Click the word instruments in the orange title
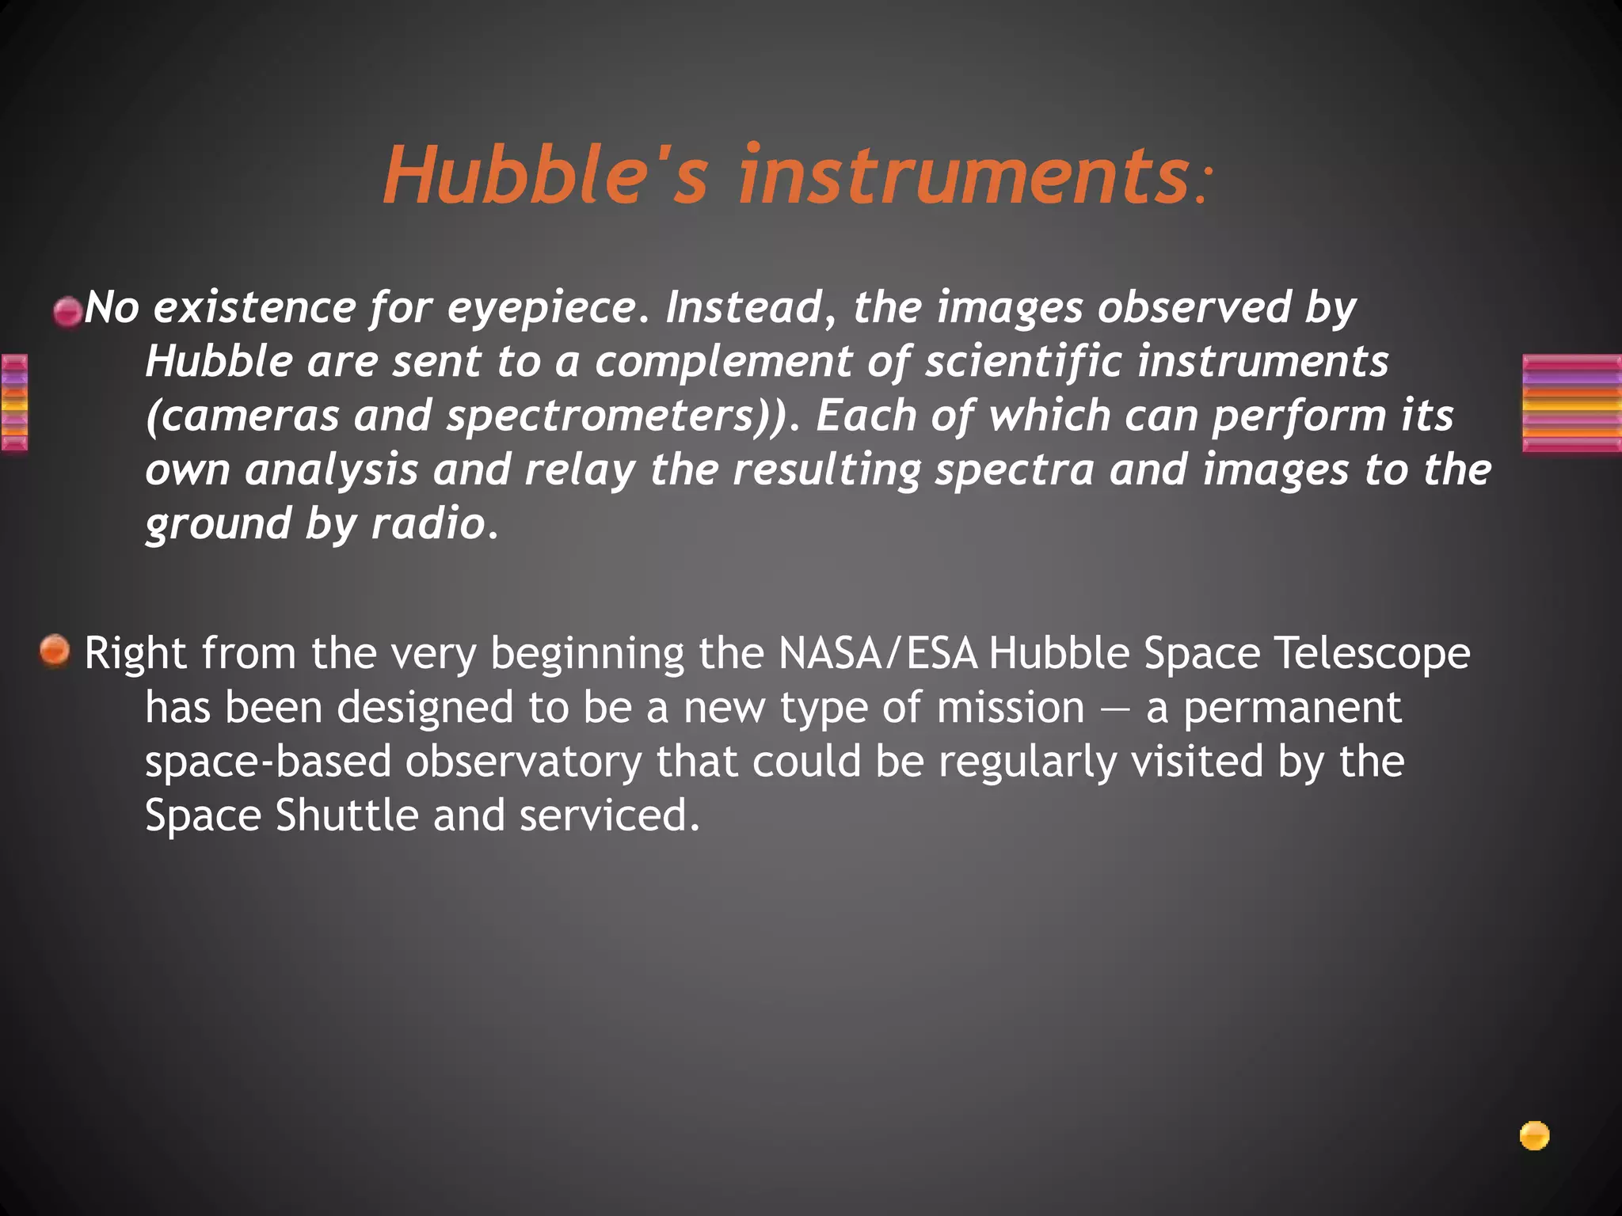coord(962,176)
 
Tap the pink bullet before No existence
coord(67,312)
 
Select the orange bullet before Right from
coord(55,652)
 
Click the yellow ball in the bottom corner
coord(1534,1136)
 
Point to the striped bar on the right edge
coord(1571,404)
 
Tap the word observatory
coord(523,762)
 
